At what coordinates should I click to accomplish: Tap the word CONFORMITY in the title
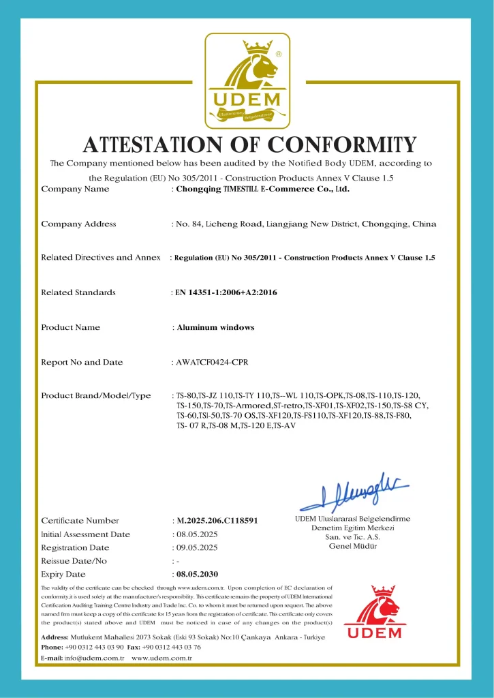[341, 145]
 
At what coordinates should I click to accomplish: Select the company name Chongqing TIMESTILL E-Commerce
[262, 189]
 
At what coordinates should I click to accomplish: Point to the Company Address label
[78, 224]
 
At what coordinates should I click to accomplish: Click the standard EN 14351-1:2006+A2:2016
[226, 292]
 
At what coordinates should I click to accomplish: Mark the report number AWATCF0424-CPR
[212, 362]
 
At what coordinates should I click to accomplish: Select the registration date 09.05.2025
[197, 547]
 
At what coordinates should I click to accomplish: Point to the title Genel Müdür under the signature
[353, 546]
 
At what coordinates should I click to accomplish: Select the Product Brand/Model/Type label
[96, 396]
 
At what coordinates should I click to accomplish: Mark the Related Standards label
[78, 292]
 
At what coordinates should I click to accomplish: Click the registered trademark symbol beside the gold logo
[279, 52]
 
